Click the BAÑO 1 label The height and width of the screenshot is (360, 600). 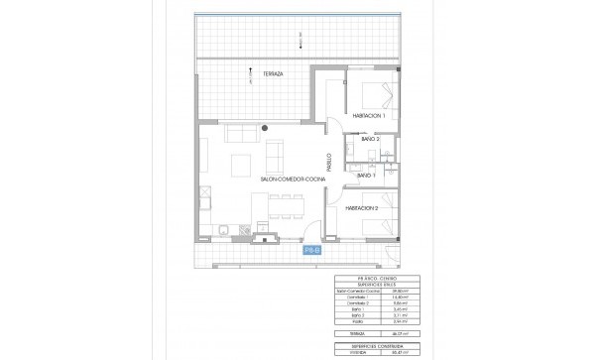(x=367, y=175)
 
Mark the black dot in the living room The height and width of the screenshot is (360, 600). (x=266, y=128)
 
